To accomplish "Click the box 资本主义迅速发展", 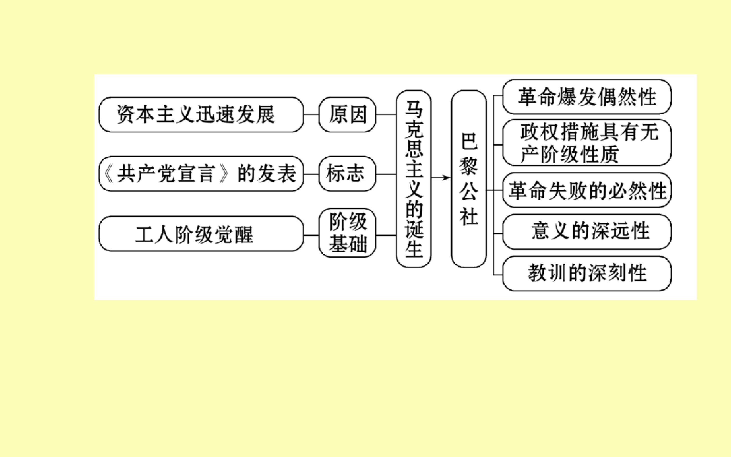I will [x=201, y=115].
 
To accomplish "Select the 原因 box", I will [x=347, y=115].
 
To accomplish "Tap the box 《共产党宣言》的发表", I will [x=201, y=174].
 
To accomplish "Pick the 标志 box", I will [x=347, y=174].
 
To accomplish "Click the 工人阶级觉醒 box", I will [x=201, y=234].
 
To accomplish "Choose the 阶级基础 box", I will [x=347, y=233].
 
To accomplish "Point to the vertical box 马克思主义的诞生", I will [x=414, y=179].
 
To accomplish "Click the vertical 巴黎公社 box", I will [x=469, y=179].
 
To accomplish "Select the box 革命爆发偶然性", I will [x=587, y=97].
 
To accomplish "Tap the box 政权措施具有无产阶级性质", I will [x=587, y=143].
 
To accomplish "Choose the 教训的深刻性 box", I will [x=587, y=274].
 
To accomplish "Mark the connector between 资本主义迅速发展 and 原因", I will [x=311, y=115].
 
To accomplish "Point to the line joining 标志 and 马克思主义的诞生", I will [x=386, y=174].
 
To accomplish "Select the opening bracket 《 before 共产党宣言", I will [x=108, y=174].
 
